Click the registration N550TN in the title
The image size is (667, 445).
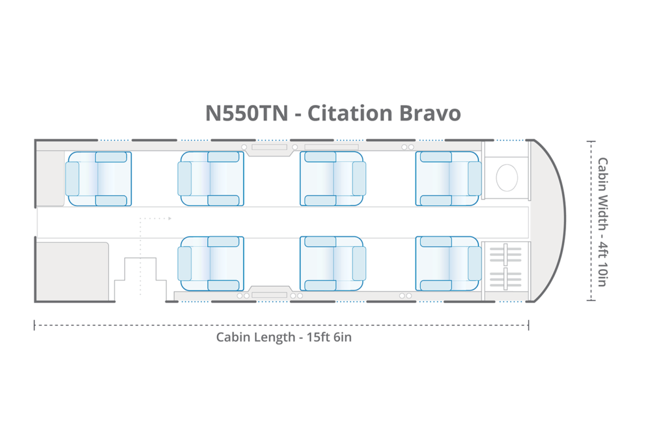246,113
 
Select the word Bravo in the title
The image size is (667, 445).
429,113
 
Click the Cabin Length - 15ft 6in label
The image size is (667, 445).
284,337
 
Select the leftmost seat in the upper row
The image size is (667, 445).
98,179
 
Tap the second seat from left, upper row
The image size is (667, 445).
211,179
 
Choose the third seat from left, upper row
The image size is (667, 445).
332,179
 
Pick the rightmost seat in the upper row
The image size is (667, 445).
448,179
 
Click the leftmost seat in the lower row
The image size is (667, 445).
211,263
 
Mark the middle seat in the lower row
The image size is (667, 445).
332,263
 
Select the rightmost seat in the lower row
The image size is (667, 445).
448,263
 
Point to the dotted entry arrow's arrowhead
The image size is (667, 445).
169,219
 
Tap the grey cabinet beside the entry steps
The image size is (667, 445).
72,271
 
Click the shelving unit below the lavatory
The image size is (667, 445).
506,267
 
